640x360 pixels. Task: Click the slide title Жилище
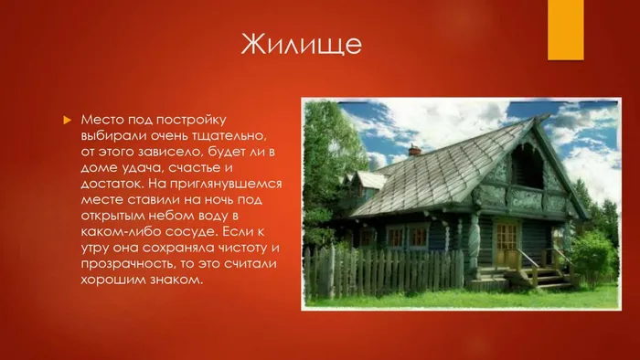(301, 43)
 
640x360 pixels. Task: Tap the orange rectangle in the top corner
(565, 29)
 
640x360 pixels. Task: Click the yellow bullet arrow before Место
(66, 121)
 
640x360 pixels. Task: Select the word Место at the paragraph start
(101, 120)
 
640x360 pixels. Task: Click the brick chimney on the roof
(414, 150)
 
